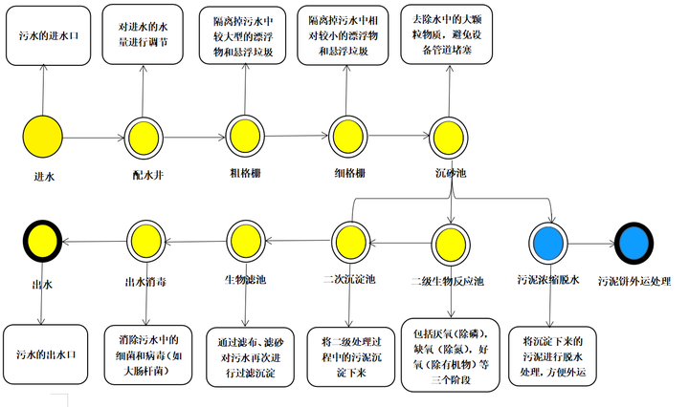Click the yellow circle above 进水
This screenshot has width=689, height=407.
click(43, 136)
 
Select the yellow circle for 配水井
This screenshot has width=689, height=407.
click(144, 136)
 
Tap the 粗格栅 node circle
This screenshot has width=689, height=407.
click(247, 136)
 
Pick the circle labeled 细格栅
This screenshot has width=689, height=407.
click(348, 136)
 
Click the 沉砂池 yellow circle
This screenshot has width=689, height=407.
click(450, 136)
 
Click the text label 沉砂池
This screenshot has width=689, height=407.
click(450, 175)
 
